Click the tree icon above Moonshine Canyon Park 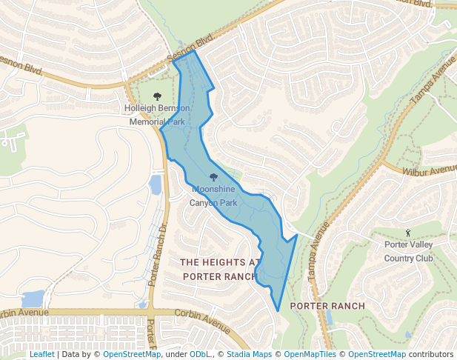tap(214, 178)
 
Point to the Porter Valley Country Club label tap(408, 251)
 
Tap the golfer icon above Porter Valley tap(408, 233)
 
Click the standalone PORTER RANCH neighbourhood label tap(327, 306)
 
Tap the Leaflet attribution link tap(41, 354)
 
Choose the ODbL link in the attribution tap(200, 354)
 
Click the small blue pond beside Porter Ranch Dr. tap(156, 184)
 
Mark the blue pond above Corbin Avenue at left tap(33, 299)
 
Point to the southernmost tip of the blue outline tap(278, 310)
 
